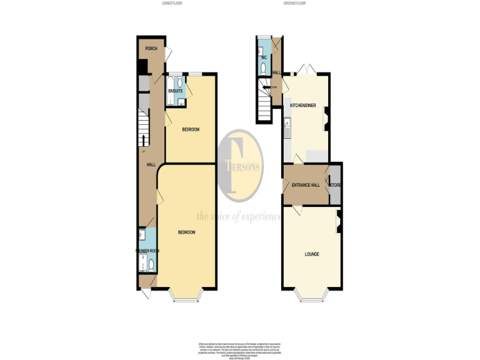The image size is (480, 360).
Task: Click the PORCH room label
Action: tap(151, 49)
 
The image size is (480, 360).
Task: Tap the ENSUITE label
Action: tap(176, 91)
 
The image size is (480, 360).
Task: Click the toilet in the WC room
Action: tap(264, 68)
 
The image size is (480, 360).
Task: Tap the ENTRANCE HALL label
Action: tap(306, 185)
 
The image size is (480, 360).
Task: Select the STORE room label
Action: tap(336, 185)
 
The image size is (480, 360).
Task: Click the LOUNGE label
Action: tap(312, 254)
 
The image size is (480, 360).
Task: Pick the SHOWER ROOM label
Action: tap(147, 251)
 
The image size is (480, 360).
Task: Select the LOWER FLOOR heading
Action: tap(171, 4)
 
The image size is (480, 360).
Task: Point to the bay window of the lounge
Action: tap(312, 296)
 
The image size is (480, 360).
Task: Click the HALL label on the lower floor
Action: tap(151, 164)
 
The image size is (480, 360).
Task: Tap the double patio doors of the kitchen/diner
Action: tap(304, 69)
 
